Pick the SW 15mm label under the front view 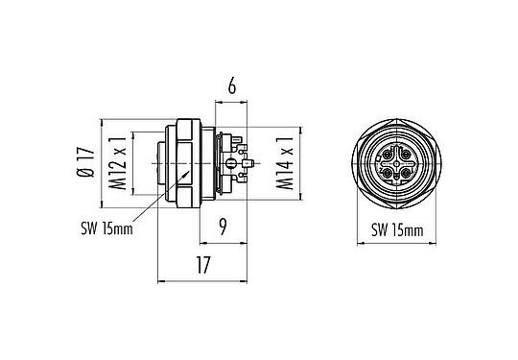[x=397, y=230]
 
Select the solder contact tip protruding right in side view [x=247, y=164]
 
